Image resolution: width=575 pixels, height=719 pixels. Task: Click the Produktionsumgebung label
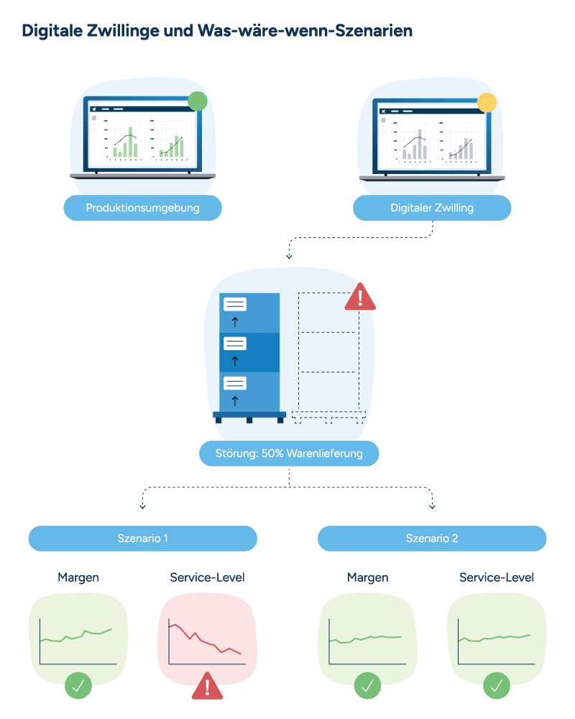[x=142, y=208]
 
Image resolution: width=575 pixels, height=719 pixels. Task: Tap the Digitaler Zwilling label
[x=432, y=208]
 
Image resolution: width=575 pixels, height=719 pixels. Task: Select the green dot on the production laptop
[x=198, y=101]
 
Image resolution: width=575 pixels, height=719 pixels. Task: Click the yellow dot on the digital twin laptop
[x=487, y=103]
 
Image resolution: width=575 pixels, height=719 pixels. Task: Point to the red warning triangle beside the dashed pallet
[x=360, y=297]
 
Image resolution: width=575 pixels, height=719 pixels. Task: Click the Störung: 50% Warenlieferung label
[x=289, y=454]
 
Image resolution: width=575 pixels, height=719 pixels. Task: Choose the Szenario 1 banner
[x=142, y=539]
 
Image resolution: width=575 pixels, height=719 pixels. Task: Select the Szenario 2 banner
[x=432, y=539]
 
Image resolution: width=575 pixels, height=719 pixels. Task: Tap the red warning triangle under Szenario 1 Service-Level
[x=207, y=687]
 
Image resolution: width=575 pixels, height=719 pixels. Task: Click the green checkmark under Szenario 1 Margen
[x=78, y=685]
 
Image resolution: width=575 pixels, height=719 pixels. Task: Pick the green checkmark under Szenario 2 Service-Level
[x=497, y=685]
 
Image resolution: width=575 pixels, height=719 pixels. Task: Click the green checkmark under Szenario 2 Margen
[x=368, y=685]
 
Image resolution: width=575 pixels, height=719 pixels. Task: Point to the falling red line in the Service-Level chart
[x=205, y=639]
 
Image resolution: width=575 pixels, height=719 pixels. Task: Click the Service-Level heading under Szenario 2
[x=497, y=577]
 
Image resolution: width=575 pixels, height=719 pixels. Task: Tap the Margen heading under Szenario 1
[x=78, y=578]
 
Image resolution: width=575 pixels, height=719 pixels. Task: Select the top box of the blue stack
[x=249, y=313]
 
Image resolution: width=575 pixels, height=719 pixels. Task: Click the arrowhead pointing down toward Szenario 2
[x=432, y=507]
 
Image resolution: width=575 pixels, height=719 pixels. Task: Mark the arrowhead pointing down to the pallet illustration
[x=289, y=257]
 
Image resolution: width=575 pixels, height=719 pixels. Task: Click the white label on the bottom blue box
[x=235, y=383]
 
